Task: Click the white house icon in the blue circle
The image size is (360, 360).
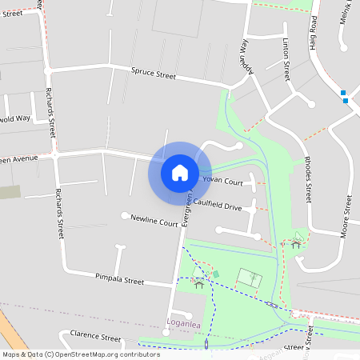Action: [180, 172]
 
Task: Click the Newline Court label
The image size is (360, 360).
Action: [154, 221]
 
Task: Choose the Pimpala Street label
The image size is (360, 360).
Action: [119, 282]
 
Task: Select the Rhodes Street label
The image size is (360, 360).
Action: [308, 179]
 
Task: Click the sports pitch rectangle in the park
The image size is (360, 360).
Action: [249, 278]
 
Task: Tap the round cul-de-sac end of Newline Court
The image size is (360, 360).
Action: [124, 216]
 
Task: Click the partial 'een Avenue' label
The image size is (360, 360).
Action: [19, 159]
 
